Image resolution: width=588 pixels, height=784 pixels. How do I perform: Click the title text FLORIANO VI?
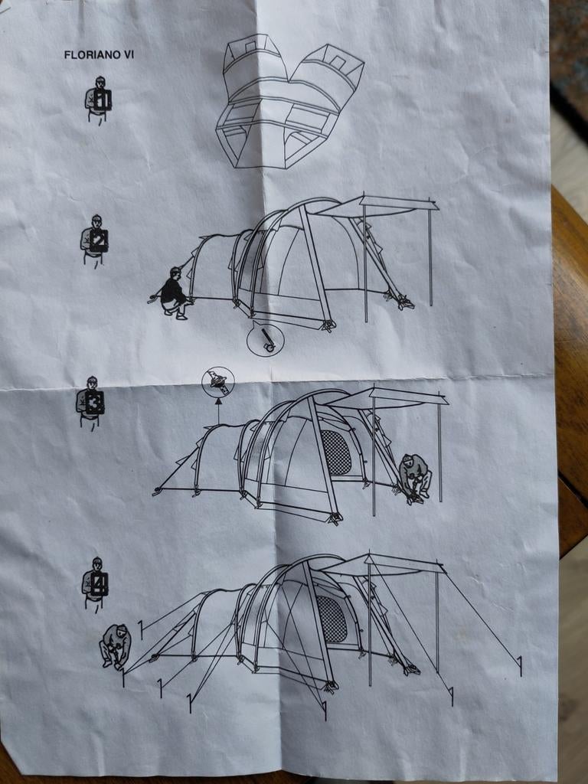[x=99, y=55]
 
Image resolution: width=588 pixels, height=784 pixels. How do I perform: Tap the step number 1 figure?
[x=98, y=99]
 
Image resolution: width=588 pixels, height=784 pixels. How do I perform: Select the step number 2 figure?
[x=94, y=240]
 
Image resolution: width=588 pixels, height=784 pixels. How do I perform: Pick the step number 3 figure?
[x=90, y=401]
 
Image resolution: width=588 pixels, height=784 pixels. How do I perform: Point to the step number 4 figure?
[x=95, y=583]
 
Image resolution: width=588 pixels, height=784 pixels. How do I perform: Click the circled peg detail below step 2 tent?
[x=266, y=338]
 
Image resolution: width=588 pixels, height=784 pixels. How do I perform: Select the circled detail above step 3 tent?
[x=218, y=383]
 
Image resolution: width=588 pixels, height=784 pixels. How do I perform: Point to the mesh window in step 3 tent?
[x=335, y=452]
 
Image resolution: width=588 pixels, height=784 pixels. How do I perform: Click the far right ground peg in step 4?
[x=520, y=666]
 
